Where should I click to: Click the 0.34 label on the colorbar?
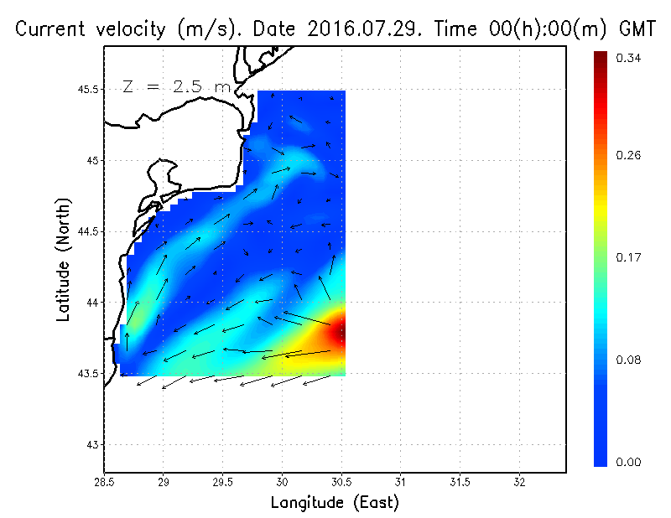(x=630, y=59)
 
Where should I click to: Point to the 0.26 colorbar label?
(x=630, y=156)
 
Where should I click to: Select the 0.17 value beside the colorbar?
(x=630, y=258)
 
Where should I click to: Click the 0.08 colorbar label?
(x=630, y=360)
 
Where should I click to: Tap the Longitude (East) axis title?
(x=335, y=503)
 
